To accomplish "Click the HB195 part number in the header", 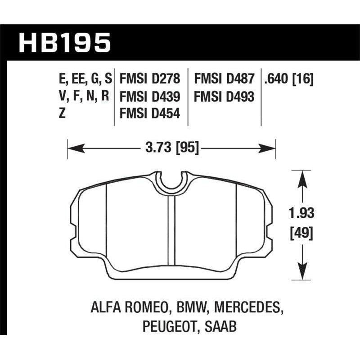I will point(64,43).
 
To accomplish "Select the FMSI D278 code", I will point(150,80).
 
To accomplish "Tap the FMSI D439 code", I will point(150,97).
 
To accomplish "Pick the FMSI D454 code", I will point(150,113).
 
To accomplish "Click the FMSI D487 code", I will point(224,80).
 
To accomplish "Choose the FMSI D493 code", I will point(224,97).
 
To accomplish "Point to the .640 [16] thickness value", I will point(288,80).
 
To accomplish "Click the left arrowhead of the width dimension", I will point(72,147).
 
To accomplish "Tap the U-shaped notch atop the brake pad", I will point(171,182).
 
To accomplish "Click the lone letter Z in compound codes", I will point(62,113).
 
